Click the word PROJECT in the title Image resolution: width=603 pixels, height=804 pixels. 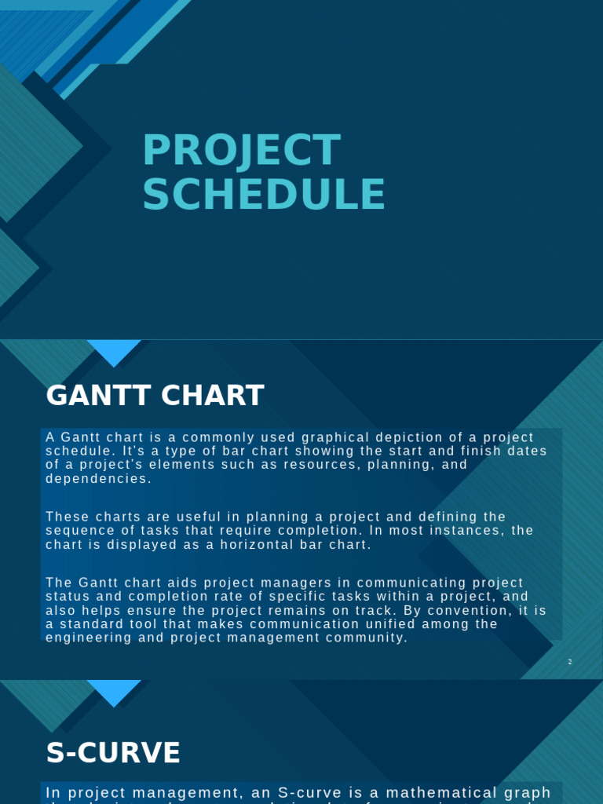[x=241, y=151]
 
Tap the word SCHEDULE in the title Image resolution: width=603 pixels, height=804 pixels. [x=264, y=195]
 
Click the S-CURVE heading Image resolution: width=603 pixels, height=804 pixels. [x=113, y=753]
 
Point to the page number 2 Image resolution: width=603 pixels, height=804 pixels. [x=570, y=662]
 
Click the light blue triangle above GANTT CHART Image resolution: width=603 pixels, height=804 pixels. [x=114, y=352]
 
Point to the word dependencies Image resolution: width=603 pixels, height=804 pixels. [x=97, y=478]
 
